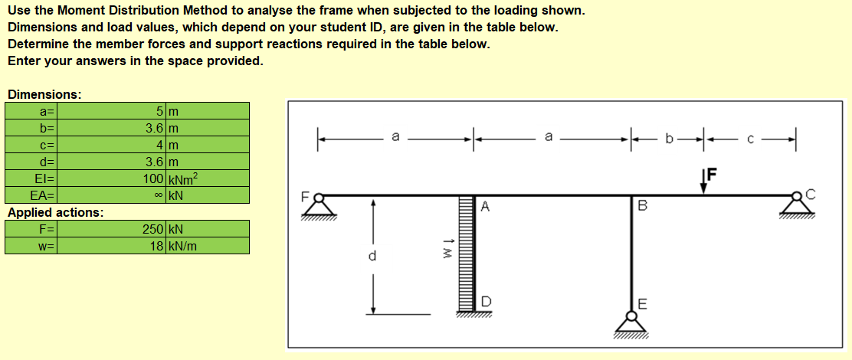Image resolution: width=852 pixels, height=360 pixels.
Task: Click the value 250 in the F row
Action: tap(153, 229)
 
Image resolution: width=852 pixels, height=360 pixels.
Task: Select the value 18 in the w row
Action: tap(157, 246)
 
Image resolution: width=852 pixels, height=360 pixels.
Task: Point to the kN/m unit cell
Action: tap(182, 246)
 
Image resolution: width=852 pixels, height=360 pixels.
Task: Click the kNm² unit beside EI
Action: tap(184, 178)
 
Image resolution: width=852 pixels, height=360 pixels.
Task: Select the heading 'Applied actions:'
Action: tap(56, 212)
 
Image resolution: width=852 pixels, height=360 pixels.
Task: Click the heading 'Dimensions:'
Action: tap(44, 94)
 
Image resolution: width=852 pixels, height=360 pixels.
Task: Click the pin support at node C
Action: tap(797, 207)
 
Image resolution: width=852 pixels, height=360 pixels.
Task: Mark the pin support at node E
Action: tap(631, 325)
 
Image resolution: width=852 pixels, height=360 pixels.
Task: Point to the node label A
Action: tap(486, 206)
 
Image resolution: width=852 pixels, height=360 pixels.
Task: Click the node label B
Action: tap(642, 206)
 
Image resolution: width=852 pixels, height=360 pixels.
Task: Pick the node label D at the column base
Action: tap(486, 301)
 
